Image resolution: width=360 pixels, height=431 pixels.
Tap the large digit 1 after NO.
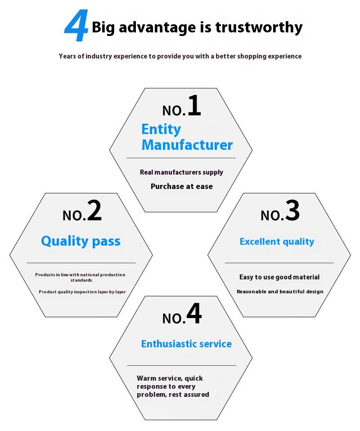(x=194, y=106)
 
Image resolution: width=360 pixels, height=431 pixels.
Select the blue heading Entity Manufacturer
(x=187, y=137)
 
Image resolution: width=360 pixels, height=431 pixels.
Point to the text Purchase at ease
(x=182, y=186)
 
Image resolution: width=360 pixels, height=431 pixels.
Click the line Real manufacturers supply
(x=181, y=172)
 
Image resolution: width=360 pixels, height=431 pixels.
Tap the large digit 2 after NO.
(x=94, y=211)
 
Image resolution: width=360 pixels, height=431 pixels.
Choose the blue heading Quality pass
(x=81, y=241)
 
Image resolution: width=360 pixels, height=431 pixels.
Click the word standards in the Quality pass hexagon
(x=81, y=280)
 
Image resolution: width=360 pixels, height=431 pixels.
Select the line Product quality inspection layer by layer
(x=82, y=292)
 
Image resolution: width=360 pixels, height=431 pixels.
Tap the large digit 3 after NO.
(x=292, y=211)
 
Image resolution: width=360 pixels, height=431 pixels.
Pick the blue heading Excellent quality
(x=277, y=242)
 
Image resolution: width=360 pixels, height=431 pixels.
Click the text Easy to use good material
(x=279, y=277)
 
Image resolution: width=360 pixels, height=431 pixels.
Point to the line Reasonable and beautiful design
(x=280, y=292)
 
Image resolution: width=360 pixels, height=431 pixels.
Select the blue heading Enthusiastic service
(x=186, y=344)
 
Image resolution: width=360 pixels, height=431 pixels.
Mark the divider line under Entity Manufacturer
(x=181, y=158)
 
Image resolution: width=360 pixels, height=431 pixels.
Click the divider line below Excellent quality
(x=279, y=263)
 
